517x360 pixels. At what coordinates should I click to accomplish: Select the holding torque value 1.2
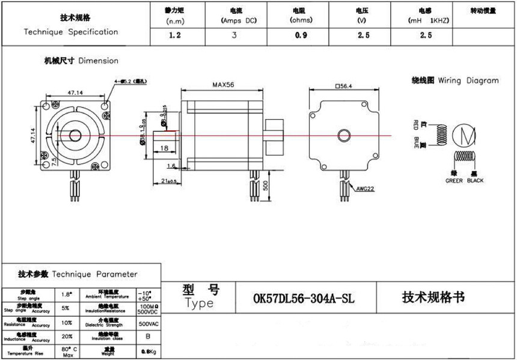(175, 35)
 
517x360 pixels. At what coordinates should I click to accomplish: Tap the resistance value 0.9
(301, 35)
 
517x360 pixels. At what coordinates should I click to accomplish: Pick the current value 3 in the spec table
(234, 35)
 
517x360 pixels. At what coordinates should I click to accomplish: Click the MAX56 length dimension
(222, 85)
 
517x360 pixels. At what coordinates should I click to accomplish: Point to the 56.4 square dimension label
(344, 85)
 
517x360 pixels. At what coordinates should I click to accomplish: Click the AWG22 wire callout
(365, 188)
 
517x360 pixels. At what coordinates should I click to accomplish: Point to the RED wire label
(415, 126)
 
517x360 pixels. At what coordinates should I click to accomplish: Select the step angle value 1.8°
(67, 294)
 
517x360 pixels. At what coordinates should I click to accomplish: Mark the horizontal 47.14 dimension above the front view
(75, 93)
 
